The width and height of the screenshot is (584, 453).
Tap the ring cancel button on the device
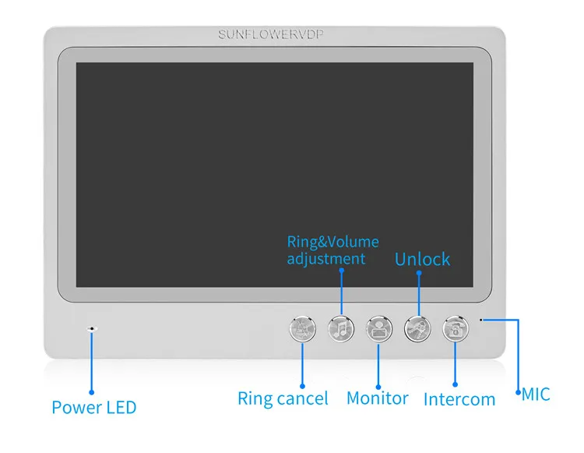coord(302,330)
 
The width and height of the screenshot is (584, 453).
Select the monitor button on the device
coord(378,329)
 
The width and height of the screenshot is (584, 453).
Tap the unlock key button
coord(417,329)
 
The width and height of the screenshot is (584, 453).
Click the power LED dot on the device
coord(92,329)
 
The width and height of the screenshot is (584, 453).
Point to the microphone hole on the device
coord(481,319)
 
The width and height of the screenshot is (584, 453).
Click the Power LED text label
coord(93,407)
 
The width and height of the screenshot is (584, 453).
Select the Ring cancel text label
coord(283,398)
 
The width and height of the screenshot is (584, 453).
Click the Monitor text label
coord(377,398)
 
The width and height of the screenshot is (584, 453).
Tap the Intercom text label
coord(459,400)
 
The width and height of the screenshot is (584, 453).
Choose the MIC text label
coord(536,395)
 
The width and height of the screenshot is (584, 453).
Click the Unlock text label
coord(422,259)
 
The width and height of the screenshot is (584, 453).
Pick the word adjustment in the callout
coord(325,258)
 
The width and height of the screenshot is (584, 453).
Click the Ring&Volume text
coord(332,242)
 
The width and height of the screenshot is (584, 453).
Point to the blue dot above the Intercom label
coord(456,384)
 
